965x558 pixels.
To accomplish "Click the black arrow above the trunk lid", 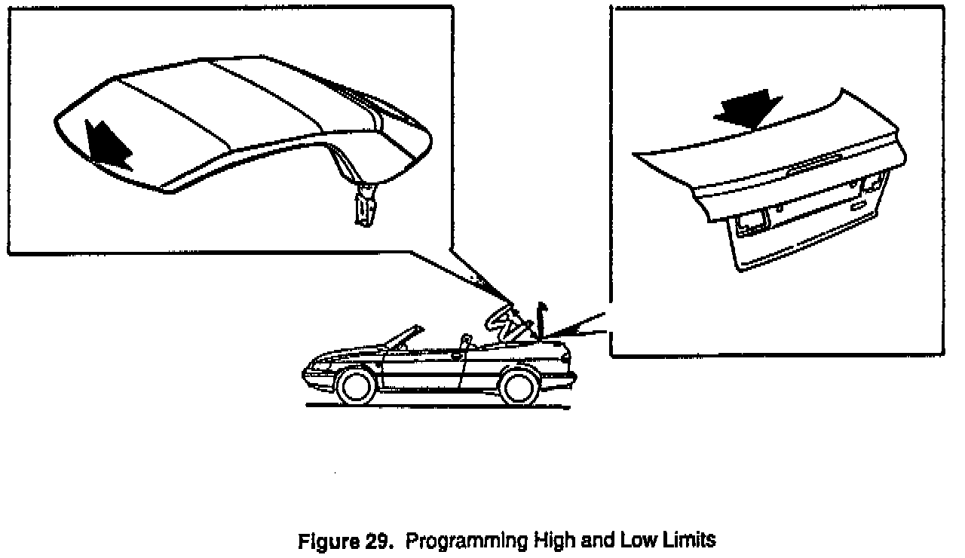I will (749, 106).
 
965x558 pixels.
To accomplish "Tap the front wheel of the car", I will (357, 385).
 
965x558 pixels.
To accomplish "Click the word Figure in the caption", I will (327, 541).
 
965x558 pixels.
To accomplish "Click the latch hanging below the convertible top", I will (366, 207).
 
